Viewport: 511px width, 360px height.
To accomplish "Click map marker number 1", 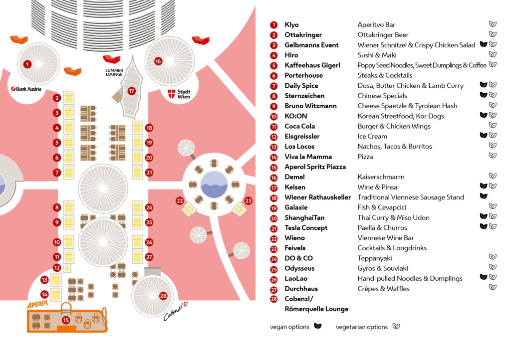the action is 27,64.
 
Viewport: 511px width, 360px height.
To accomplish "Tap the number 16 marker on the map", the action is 158,61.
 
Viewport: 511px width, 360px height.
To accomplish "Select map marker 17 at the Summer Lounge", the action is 131,91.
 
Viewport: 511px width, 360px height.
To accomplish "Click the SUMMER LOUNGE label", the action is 114,72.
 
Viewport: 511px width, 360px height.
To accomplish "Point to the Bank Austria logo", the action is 26,89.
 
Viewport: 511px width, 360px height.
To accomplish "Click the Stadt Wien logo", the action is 179,94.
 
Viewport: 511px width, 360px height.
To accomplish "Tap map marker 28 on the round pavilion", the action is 163,296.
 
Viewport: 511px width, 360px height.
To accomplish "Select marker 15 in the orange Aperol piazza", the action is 66,320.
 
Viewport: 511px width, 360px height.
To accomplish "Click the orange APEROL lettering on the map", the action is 38,305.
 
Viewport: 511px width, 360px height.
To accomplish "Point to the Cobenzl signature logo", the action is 176,312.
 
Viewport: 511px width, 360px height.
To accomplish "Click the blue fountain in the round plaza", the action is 214,184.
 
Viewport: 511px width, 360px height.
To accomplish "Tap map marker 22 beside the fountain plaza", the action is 180,201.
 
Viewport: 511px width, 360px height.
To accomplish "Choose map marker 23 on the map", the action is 249,201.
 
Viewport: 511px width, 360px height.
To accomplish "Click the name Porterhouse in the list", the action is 304,75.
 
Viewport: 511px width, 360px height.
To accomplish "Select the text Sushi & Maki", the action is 377,55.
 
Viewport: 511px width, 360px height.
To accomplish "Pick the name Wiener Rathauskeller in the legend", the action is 318,197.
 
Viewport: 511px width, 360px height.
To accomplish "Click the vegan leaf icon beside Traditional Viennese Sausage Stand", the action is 484,196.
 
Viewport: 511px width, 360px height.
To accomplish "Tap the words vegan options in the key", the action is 289,327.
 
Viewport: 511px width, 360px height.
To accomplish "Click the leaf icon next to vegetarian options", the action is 396,326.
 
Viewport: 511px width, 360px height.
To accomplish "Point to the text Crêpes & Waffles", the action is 384,289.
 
